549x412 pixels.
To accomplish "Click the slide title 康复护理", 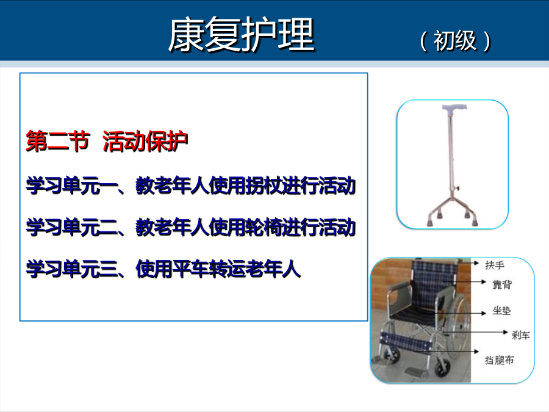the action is pos(241,34).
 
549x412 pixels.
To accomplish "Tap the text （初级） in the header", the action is pos(455,41).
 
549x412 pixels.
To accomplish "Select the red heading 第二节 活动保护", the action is pos(107,141).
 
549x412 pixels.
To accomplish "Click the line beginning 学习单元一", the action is pos(191,186).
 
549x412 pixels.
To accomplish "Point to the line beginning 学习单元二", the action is pos(191,227).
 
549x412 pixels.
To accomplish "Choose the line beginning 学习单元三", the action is pos(163,269).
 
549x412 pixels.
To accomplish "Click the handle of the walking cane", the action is pos(454,108).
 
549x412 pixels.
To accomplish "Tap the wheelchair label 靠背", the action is pos(502,284).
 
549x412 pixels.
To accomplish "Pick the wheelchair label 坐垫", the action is pos(501,311).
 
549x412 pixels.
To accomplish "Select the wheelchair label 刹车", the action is pos(521,335).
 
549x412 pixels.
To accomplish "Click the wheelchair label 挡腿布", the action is pos(499,360).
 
